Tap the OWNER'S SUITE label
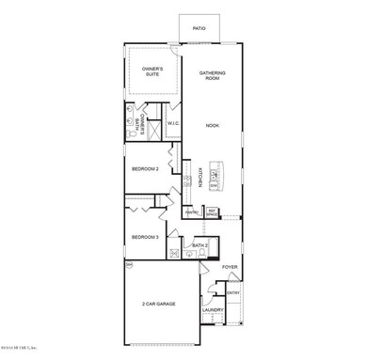click(x=153, y=71)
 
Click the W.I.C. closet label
click(x=173, y=123)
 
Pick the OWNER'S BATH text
click(x=141, y=119)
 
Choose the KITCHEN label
click(x=199, y=179)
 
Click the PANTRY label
click(x=191, y=212)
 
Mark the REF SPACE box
click(x=213, y=212)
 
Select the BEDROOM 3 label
click(x=146, y=236)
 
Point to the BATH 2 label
click(x=199, y=245)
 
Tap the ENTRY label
click(x=232, y=292)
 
